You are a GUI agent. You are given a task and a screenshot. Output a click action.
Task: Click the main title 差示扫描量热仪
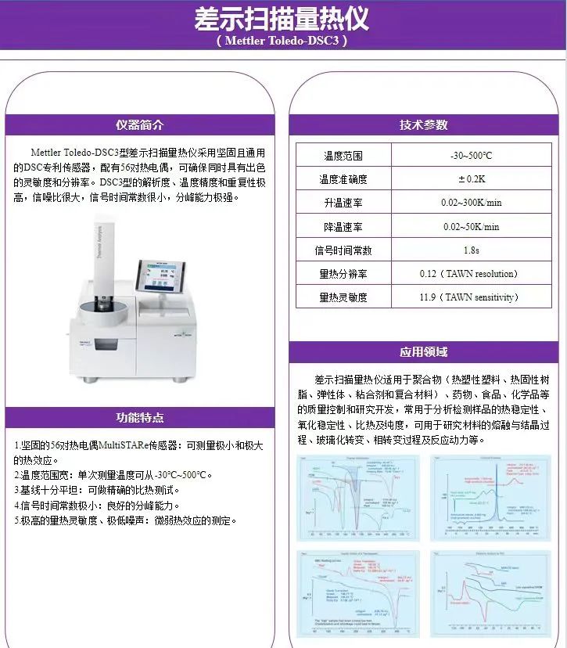click(282, 19)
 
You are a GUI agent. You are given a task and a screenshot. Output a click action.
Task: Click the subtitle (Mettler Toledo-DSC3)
click(282, 41)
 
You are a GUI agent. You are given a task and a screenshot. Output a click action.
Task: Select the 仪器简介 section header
click(140, 125)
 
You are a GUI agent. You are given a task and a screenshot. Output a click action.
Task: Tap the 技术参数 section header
click(424, 125)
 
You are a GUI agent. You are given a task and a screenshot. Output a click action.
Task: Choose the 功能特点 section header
click(140, 418)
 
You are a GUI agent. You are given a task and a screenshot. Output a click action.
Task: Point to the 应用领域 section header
click(424, 352)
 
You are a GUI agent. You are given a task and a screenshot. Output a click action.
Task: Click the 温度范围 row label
click(343, 156)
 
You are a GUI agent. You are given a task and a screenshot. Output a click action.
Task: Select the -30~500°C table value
click(471, 156)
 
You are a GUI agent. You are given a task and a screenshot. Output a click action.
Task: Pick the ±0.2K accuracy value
click(471, 179)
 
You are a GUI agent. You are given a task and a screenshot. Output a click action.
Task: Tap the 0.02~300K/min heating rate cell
click(471, 203)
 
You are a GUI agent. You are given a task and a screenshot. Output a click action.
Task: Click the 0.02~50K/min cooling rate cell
click(471, 227)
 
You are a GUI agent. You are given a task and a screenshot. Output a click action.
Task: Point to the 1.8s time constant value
click(471, 250)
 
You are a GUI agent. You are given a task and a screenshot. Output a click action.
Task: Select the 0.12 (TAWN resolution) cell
click(471, 274)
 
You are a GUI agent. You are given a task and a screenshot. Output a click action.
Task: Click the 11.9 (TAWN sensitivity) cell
click(471, 297)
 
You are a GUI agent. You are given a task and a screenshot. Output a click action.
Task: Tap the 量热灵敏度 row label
click(343, 297)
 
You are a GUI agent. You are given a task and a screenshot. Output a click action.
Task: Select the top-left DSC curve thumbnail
click(357, 497)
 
